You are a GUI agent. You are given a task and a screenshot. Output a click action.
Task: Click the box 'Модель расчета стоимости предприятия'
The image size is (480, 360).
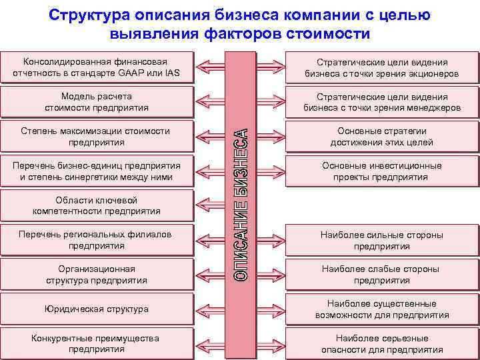pos(97,101)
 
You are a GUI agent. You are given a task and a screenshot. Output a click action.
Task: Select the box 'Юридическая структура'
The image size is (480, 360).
pos(97,309)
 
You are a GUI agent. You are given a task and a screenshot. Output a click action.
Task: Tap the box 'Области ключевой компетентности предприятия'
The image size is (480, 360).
pos(97,205)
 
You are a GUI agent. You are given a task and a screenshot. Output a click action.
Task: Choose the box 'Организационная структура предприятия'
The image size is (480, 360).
pos(97,275)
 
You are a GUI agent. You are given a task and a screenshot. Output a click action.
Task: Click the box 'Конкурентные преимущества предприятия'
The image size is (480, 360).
pos(97,343)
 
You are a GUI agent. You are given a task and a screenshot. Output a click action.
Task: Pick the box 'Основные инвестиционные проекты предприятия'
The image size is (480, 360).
pos(381,171)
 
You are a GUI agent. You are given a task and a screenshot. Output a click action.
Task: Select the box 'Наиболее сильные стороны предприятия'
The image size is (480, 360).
pos(381,240)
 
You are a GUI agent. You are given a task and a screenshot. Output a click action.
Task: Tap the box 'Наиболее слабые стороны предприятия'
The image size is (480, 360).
pos(381,275)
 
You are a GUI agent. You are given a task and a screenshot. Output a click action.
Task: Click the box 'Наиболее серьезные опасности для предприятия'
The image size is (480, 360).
pos(381,343)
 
